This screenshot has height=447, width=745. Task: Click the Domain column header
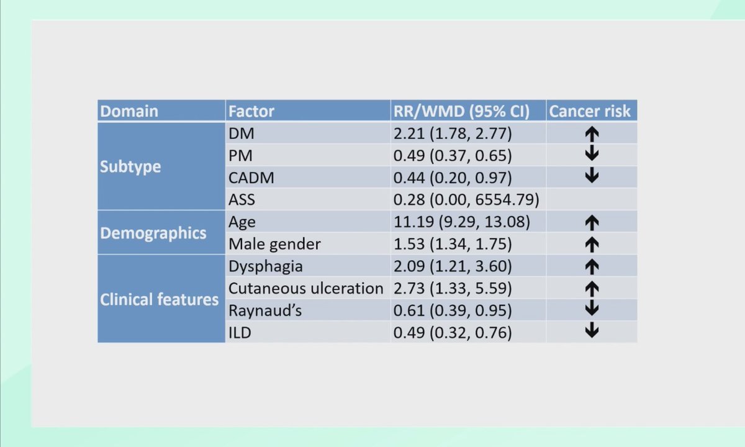[x=129, y=111]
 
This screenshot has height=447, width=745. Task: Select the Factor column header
[x=251, y=111]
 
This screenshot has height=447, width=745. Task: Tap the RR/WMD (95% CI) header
[x=461, y=111]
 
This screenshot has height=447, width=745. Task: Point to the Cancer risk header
[x=590, y=111]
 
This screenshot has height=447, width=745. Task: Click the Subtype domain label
[x=130, y=166]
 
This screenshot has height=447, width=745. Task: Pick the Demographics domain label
[x=153, y=233]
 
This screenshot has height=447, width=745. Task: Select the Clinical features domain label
[x=160, y=299]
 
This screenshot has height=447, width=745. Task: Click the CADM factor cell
[x=251, y=178]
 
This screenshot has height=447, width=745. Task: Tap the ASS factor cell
[x=242, y=200]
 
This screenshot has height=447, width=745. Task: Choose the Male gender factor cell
[x=274, y=244]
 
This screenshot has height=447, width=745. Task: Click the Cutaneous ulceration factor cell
[x=306, y=288]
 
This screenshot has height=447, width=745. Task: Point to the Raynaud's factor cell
[x=265, y=310]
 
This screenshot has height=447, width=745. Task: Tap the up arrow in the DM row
[x=592, y=133]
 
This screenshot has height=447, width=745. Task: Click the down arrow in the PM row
[x=592, y=155]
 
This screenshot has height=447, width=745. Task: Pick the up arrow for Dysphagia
[x=592, y=266]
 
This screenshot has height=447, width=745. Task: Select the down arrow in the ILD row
[x=592, y=332]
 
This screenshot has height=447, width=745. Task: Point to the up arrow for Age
[x=592, y=222]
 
